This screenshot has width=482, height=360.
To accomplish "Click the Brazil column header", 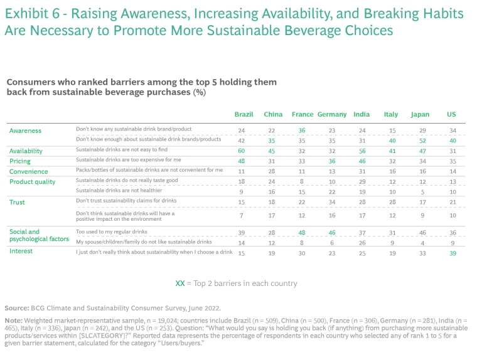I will click(x=244, y=114).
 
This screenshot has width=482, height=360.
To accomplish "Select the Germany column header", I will click(x=332, y=114).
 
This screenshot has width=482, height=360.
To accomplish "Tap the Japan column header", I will click(x=420, y=114).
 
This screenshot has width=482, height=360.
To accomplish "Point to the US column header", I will click(x=452, y=114).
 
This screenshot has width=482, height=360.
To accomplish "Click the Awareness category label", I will click(x=25, y=130).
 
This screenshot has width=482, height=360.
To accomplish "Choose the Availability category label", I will click(x=26, y=151).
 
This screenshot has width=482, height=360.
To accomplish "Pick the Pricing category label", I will click(x=20, y=161).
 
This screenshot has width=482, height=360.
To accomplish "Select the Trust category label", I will click(x=17, y=203).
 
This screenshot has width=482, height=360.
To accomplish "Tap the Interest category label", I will click(x=21, y=251).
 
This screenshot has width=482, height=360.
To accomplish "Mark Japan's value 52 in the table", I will click(x=421, y=140).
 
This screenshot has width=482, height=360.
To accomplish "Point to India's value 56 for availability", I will click(x=361, y=151).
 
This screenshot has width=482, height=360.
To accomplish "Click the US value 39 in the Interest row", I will click(x=453, y=252).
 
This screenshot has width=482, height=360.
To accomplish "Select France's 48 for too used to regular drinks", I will click(x=301, y=233).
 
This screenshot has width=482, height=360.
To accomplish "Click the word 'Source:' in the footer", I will click(x=16, y=309).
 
